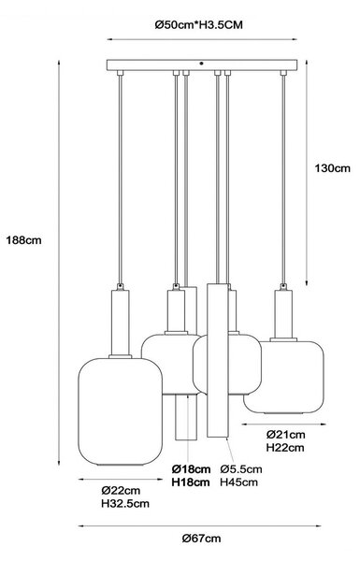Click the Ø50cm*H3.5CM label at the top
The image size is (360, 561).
[198, 25]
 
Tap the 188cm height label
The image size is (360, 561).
[23, 240]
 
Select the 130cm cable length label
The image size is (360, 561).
[333, 168]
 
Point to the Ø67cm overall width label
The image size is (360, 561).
[201, 539]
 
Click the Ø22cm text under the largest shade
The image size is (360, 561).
[121, 490]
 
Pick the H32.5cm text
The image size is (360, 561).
[125, 503]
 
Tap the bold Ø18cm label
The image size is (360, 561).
[191, 468]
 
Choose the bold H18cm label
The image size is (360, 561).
[191, 482]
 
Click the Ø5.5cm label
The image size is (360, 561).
[241, 468]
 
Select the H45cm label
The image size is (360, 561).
[238, 482]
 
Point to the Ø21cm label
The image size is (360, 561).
[285, 435]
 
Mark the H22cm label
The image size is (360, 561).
[285, 448]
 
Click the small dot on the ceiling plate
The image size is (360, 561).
[201, 64]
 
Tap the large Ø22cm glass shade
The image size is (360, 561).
[121, 411]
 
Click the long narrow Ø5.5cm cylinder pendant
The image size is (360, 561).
[217, 360]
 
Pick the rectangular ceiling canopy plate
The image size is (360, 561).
[202, 65]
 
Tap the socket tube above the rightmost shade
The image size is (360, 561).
[283, 314]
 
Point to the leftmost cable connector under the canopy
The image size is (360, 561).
[121, 73]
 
